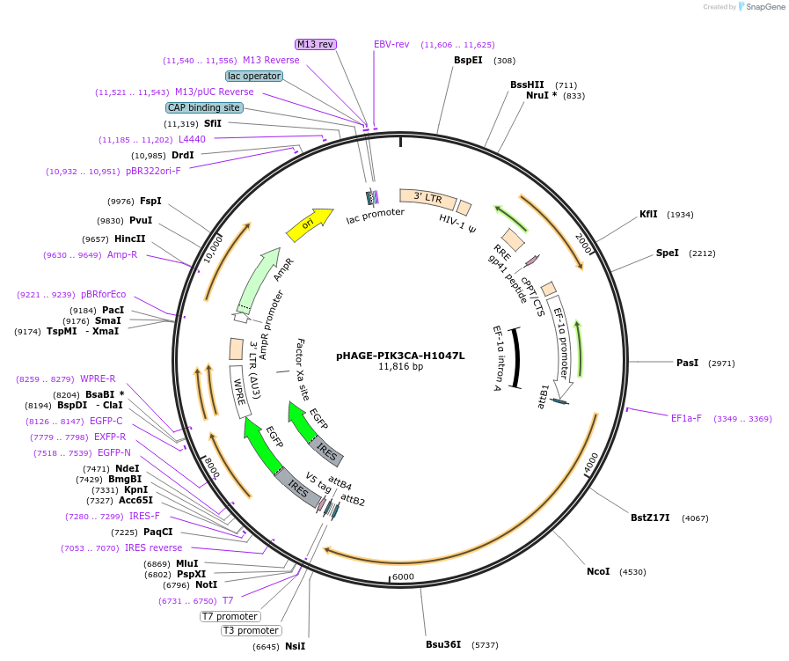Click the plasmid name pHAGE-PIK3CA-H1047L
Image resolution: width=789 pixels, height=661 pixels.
coord(400,356)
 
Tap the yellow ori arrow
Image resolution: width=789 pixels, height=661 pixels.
coord(309,224)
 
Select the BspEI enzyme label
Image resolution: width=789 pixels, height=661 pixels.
coord(468,61)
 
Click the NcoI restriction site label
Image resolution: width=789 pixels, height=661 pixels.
coord(598,571)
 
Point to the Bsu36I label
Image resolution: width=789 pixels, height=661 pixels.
coord(443,644)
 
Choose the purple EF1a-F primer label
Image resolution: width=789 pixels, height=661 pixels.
coord(686,418)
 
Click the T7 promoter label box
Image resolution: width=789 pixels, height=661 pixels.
coord(230,616)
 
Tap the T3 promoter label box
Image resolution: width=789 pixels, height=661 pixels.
coord(251,630)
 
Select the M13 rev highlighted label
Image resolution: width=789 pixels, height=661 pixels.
coord(315,44)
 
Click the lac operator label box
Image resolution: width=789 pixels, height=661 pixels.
coord(254,76)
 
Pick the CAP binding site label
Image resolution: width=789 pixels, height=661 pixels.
coord(204,107)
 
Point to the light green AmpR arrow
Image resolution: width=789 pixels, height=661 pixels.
coord(264,277)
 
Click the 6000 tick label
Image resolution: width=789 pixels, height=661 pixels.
coord(403,577)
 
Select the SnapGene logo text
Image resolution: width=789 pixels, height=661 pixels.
coord(762,7)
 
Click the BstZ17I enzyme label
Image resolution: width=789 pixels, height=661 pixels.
coord(650,518)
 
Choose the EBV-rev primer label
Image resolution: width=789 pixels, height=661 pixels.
coord(391,44)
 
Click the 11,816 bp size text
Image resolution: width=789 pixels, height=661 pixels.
coord(400,367)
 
